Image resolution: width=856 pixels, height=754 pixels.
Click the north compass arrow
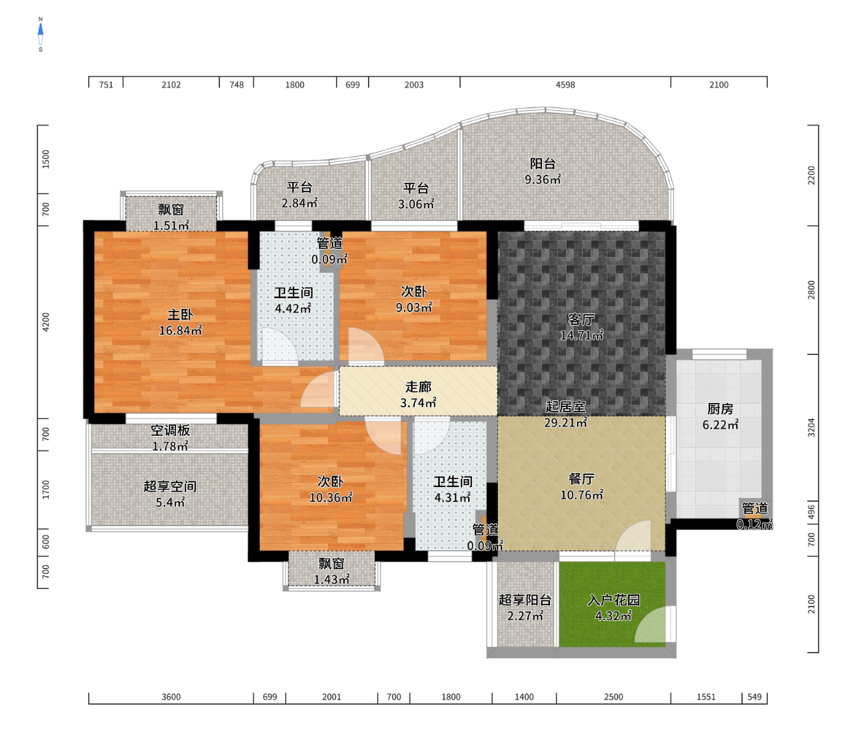[x=41, y=29]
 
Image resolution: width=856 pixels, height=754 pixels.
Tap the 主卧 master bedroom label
[x=180, y=315]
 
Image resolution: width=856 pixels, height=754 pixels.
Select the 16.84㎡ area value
[x=180, y=330]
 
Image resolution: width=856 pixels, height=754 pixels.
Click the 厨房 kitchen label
[x=720, y=409]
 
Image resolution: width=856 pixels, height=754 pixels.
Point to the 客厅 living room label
[x=581, y=319]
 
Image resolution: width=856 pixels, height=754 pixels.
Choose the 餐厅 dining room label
[x=581, y=478]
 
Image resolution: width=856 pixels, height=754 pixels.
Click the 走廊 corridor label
[x=418, y=386]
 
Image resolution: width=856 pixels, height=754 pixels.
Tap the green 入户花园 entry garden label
[x=613, y=600]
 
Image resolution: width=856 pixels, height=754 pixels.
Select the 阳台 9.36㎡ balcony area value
[x=543, y=179]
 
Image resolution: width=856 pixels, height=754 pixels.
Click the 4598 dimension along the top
[x=565, y=85]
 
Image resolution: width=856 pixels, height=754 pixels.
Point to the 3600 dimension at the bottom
[x=171, y=697]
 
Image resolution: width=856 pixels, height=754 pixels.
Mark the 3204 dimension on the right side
[x=811, y=428]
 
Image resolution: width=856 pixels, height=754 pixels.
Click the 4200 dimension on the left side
[x=45, y=322]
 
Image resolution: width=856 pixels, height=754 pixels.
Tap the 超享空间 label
[x=170, y=486]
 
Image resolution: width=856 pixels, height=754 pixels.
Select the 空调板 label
[x=170, y=430]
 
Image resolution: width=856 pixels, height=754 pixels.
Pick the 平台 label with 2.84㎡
[x=299, y=187]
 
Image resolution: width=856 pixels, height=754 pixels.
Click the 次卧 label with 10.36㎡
[x=331, y=482]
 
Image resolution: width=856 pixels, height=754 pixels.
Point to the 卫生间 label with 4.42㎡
[x=293, y=293]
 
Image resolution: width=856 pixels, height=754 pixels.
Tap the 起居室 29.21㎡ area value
[x=565, y=422]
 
